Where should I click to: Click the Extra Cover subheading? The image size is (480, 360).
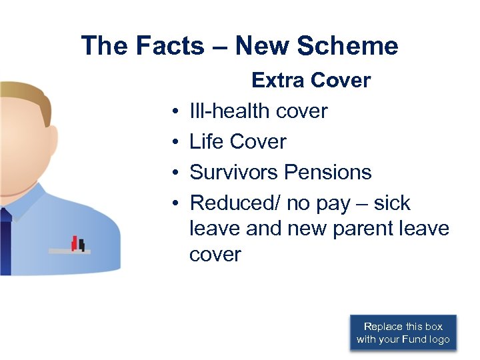pyautogui.click(x=311, y=81)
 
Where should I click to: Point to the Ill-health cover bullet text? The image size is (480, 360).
pyautogui.click(x=258, y=111)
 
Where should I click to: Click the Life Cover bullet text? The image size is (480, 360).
pyautogui.click(x=237, y=141)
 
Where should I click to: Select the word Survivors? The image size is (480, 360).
pyautogui.click(x=233, y=172)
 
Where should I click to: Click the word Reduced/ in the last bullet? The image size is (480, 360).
pyautogui.click(x=235, y=203)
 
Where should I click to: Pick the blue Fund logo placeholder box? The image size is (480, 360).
pyautogui.click(x=403, y=333)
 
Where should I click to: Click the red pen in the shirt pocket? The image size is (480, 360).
pyautogui.click(x=75, y=243)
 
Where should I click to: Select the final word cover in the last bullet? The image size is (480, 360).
pyautogui.click(x=215, y=255)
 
